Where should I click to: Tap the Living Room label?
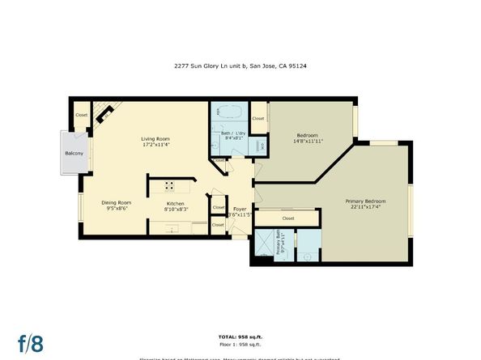[x=155, y=139]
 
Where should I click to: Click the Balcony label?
[x=76, y=152]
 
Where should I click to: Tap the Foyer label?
[x=240, y=209]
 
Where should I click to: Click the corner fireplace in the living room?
[x=104, y=115]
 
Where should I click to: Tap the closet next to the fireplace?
[x=82, y=115]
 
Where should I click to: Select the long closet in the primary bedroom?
[x=288, y=218]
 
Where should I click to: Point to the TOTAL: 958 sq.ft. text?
[x=240, y=335]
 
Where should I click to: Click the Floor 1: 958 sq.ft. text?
[x=240, y=343]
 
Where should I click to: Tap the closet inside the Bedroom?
[x=258, y=118]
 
